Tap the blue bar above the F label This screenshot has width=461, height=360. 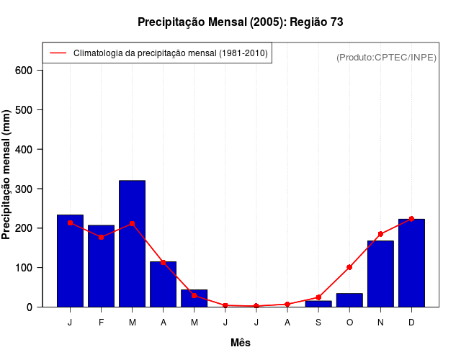pyautogui.click(x=101, y=266)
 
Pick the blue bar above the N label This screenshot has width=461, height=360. pyautogui.click(x=380, y=274)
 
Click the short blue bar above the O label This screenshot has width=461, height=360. pyautogui.click(x=349, y=300)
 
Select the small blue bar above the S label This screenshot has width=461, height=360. pyautogui.click(x=318, y=304)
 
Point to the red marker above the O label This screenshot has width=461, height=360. pyautogui.click(x=349, y=267)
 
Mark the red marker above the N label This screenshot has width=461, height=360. pyautogui.click(x=380, y=234)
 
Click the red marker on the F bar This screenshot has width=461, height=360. pyautogui.click(x=101, y=237)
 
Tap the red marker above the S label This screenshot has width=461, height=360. pyautogui.click(x=318, y=297)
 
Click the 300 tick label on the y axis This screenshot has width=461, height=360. pyautogui.click(x=24, y=189)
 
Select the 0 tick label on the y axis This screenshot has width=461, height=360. pyautogui.click(x=30, y=307)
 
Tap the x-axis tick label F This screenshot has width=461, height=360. pyautogui.click(x=101, y=323)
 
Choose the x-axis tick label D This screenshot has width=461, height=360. pyautogui.click(x=411, y=323)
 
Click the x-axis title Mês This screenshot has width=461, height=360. pyautogui.click(x=241, y=343)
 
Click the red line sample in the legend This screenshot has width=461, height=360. pyautogui.click(x=58, y=53)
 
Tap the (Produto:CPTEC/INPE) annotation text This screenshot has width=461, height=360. pyautogui.click(x=386, y=57)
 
